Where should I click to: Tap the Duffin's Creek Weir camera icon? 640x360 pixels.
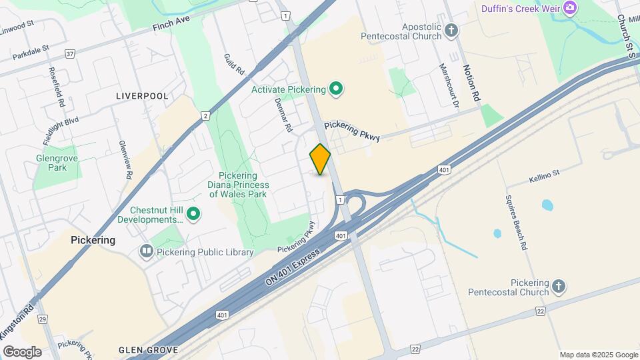point(570,8)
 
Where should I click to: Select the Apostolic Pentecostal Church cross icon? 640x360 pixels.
point(452,30)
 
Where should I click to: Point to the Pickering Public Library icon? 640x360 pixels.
point(146,252)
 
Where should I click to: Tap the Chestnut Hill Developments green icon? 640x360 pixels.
point(193,214)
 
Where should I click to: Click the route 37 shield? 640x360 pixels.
point(70,53)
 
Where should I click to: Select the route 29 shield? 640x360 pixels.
point(42,319)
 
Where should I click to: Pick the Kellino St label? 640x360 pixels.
point(545,179)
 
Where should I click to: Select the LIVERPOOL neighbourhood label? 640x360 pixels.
point(142,96)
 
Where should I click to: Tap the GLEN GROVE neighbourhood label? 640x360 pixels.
point(148,350)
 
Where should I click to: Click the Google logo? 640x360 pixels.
point(22,352)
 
